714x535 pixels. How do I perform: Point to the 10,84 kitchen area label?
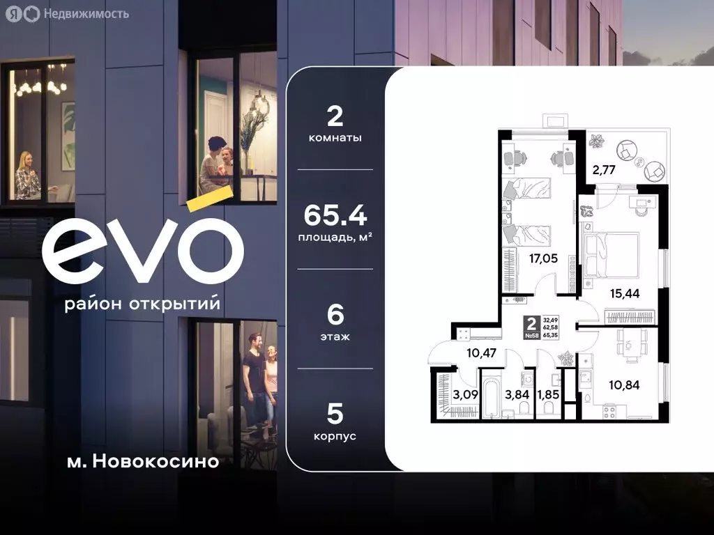click(x=625, y=383)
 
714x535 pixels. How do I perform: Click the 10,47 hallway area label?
click(x=481, y=353)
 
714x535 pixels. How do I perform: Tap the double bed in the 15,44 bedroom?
click(x=611, y=254)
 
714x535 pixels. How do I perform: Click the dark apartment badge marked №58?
click(x=532, y=327)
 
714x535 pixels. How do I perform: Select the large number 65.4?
click(x=335, y=216)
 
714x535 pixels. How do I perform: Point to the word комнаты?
click(x=335, y=138)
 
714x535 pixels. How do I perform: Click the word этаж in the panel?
click(x=335, y=336)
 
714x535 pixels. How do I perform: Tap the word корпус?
click(x=335, y=436)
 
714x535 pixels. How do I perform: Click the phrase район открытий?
click(x=142, y=305)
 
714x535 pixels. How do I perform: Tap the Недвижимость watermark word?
click(x=86, y=13)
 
